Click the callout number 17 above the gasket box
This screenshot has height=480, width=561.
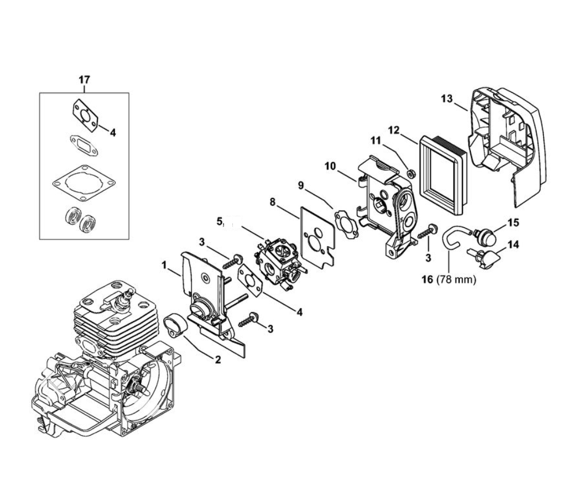coord(84,80)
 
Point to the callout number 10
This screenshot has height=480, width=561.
coord(330,165)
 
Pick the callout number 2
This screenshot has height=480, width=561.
coord(218,360)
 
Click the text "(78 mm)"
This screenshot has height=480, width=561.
coord(456,279)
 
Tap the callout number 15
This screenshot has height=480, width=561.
coord(513,222)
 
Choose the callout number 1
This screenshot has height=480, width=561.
coord(164,265)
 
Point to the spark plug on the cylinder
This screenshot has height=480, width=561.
coord(128,294)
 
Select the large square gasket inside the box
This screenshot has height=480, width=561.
coord(85,183)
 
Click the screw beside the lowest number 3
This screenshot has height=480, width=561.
coord(247,319)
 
